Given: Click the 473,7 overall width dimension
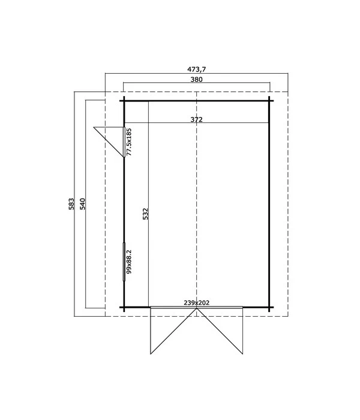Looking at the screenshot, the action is pos(196,70).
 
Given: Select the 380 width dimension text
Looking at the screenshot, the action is pos(196,79).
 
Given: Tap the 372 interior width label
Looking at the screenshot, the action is pos(196,119).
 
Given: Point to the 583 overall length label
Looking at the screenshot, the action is pos(71,204).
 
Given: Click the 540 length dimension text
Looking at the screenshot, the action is pos(82,204).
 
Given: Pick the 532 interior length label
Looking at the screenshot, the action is pos(145,214).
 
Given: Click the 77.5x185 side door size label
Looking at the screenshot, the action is pos(129,142).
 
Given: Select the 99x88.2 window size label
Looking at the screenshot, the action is pos(129,262).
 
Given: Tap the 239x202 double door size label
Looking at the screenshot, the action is pos(196,302).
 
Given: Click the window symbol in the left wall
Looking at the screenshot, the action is pos(124,262).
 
